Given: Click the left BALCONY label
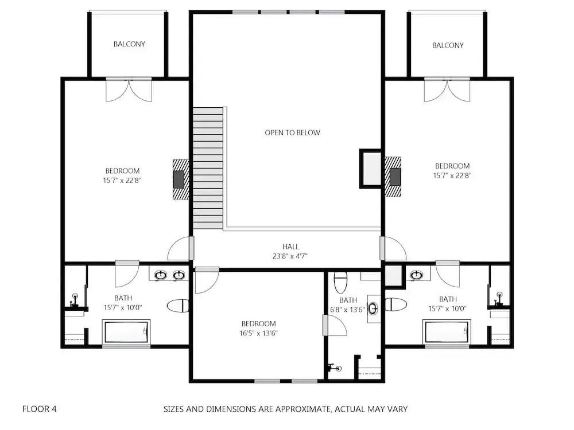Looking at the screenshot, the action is [x=129, y=44].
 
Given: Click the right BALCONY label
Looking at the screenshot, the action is [x=448, y=45].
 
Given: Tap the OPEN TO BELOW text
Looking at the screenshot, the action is [x=292, y=133].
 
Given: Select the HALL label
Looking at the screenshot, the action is [x=290, y=247].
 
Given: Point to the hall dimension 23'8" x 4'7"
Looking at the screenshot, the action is [x=290, y=256].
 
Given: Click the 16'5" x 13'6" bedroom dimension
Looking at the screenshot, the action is [x=258, y=333].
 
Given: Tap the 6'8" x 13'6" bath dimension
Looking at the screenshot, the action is [x=347, y=310].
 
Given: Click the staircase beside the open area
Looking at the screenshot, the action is [x=208, y=168].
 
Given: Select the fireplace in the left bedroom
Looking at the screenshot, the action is [x=181, y=179].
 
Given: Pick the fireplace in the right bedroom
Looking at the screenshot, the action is [x=393, y=177].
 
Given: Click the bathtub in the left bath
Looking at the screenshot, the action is [x=126, y=332].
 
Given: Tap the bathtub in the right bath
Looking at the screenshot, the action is [x=447, y=332].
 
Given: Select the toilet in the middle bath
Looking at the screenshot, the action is [x=340, y=282].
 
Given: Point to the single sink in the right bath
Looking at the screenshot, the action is [x=416, y=275].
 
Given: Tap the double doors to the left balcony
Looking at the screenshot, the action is [x=129, y=89].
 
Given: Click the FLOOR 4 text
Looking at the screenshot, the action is [x=40, y=409].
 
